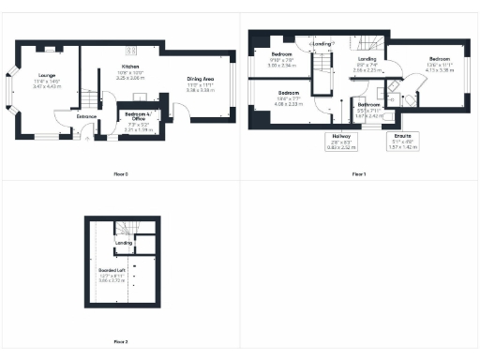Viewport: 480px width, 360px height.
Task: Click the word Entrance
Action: [87, 115]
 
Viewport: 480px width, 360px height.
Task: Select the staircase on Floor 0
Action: [85, 97]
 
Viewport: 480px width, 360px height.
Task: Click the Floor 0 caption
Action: [119, 174]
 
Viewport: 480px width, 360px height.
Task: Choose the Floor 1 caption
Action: [359, 174]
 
